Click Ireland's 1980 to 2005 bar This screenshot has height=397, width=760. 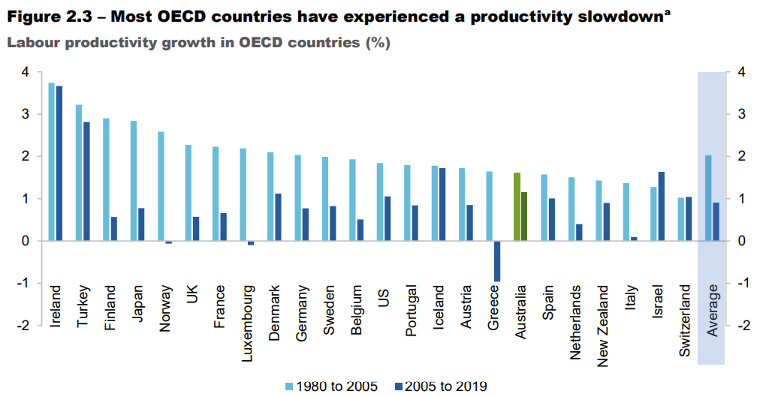pyautogui.click(x=52, y=161)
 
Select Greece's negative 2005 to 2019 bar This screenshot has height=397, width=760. pyautogui.click(x=497, y=260)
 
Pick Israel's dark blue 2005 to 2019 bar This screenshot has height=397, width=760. pyautogui.click(x=662, y=206)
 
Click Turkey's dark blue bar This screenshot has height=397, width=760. pyautogui.click(x=86, y=181)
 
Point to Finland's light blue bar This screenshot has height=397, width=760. pyautogui.click(x=106, y=179)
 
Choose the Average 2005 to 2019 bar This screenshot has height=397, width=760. pyautogui.click(x=716, y=221)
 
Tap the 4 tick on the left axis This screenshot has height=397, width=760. pyautogui.click(x=25, y=72)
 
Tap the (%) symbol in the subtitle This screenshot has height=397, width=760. pyautogui.click(x=377, y=42)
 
